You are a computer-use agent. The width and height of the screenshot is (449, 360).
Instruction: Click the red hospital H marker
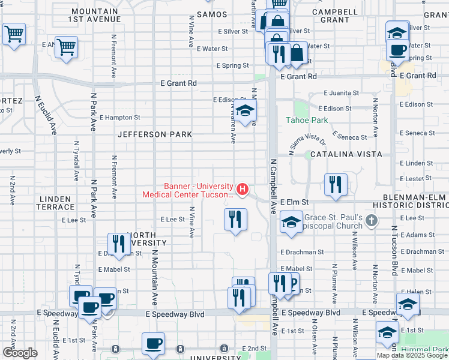(x=243, y=190)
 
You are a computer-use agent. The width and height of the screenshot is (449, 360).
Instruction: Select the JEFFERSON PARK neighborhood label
(x=155, y=134)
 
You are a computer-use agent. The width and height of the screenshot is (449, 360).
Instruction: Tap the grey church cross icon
(x=372, y=221)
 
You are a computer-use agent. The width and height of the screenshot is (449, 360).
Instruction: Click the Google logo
(x=20, y=353)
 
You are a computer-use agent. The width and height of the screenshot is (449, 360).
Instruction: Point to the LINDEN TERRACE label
(x=56, y=202)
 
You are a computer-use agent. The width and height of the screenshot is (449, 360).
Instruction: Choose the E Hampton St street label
(x=119, y=118)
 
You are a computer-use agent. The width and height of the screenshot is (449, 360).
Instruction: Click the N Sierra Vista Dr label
(x=306, y=145)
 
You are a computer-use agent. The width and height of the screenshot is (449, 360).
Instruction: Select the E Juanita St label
(x=341, y=94)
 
